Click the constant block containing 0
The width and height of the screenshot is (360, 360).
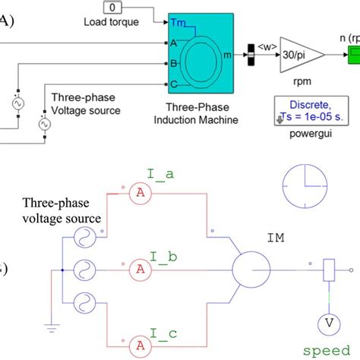click(x=112, y=8)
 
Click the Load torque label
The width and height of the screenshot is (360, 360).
click(x=111, y=22)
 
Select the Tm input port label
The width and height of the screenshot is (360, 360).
click(x=178, y=22)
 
